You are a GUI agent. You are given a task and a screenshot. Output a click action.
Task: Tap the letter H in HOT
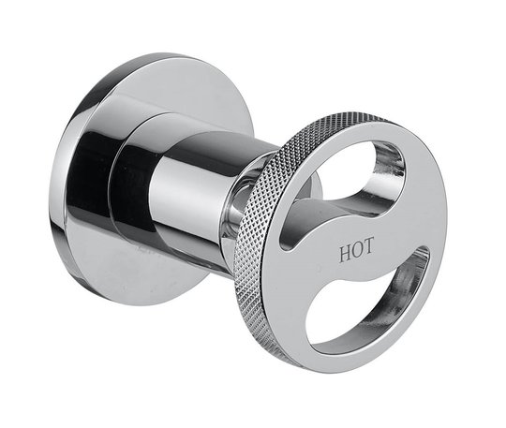pyautogui.click(x=345, y=253)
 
